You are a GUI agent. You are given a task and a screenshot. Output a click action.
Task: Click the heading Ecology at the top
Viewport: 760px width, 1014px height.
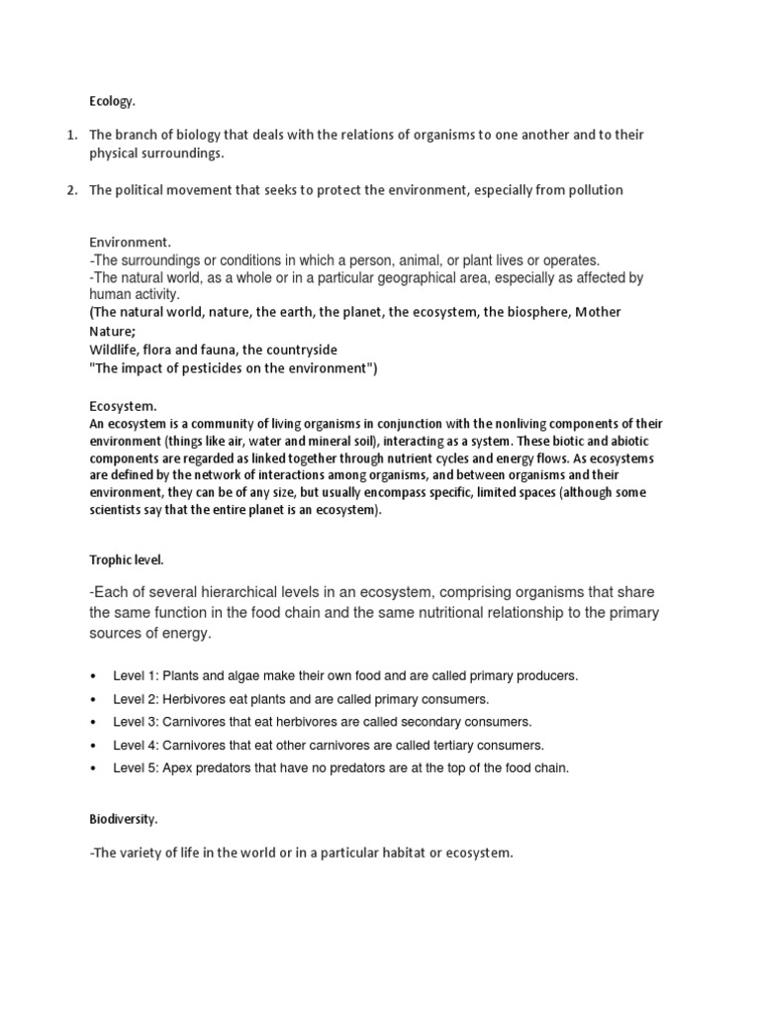111,101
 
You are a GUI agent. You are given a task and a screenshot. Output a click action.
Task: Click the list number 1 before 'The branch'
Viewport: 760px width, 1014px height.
71,135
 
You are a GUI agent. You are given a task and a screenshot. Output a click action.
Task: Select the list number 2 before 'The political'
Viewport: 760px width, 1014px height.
71,190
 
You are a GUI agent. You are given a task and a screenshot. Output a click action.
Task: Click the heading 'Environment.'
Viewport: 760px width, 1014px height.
130,242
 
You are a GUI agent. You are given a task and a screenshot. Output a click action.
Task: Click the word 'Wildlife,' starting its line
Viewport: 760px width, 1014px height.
118,350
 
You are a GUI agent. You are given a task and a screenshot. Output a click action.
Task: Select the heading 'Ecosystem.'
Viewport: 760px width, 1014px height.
124,406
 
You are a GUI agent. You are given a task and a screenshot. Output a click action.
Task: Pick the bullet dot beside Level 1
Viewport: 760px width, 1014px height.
93,676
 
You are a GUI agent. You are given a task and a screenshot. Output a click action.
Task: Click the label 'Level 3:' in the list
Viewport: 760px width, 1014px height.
135,722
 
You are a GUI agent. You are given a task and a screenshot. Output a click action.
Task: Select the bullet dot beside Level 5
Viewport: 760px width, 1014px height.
93,768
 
